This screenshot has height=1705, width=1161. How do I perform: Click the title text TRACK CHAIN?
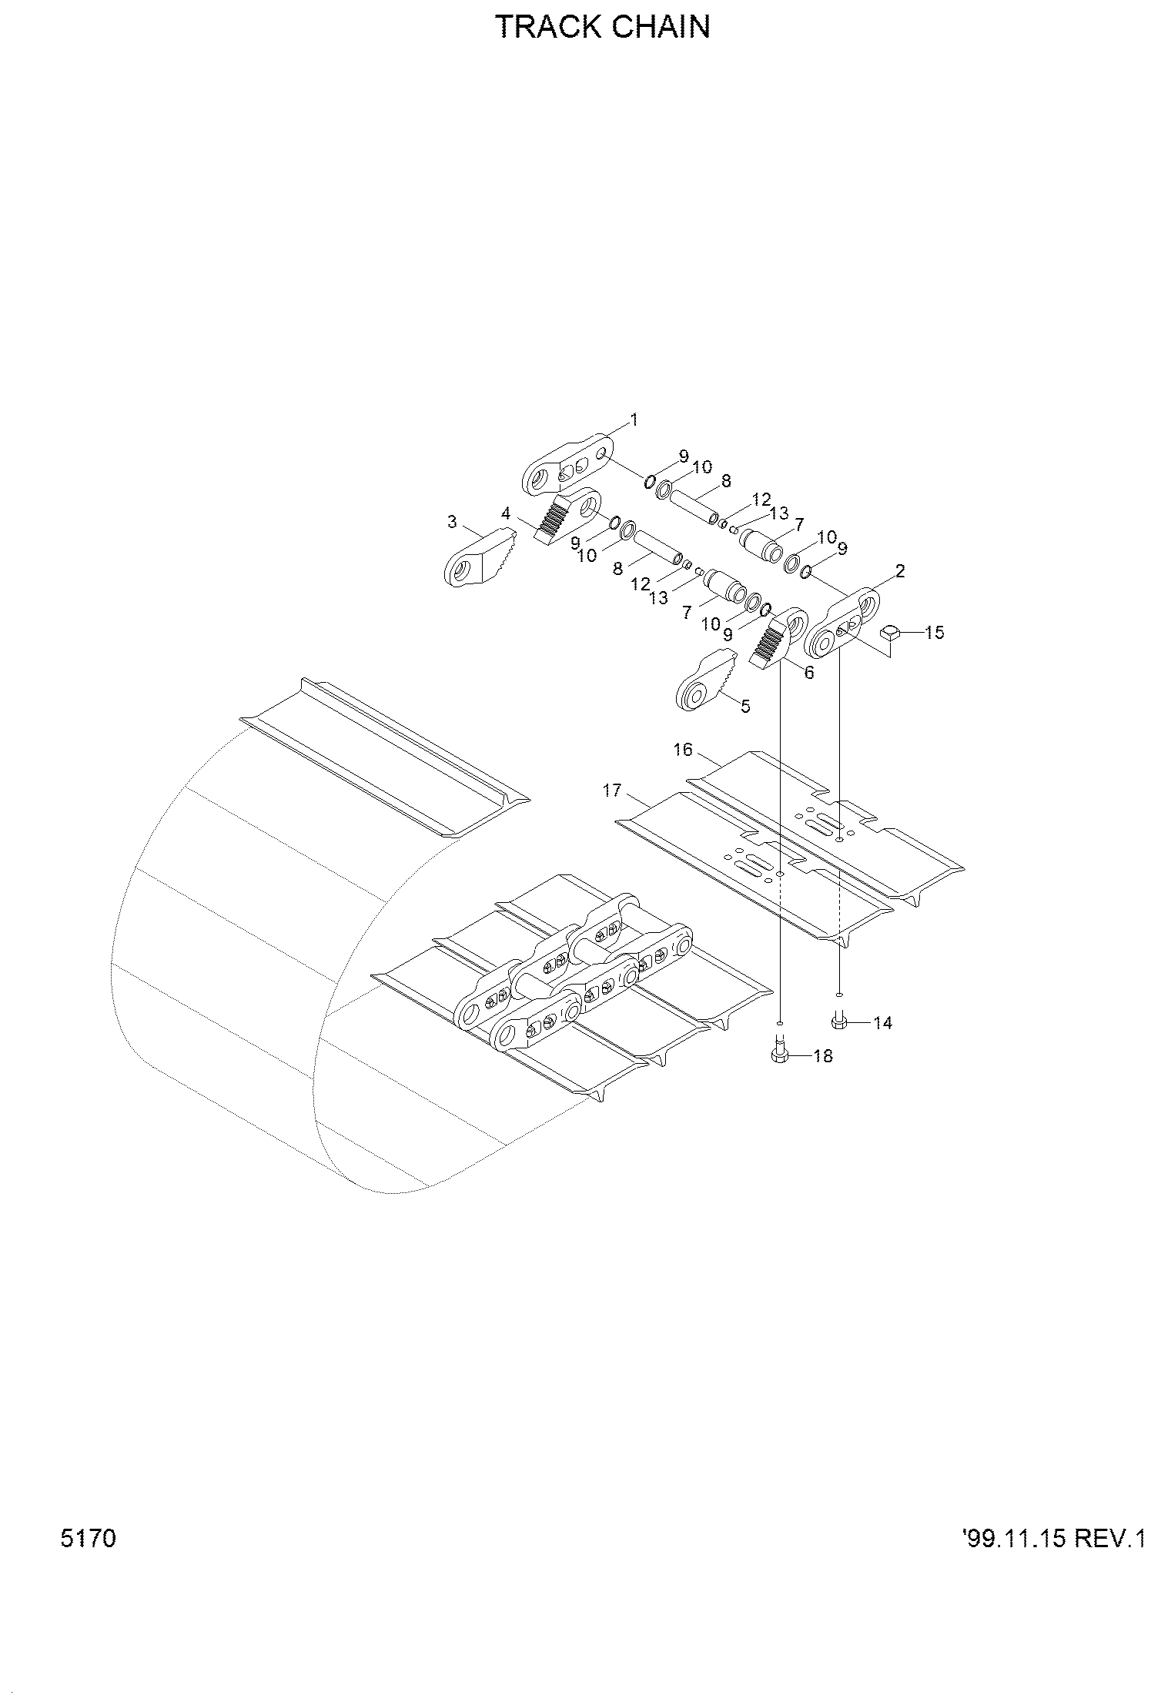click(603, 27)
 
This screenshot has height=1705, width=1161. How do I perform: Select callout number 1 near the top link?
click(634, 420)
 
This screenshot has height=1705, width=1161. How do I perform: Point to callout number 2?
click(900, 571)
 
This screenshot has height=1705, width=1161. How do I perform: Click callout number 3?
click(452, 523)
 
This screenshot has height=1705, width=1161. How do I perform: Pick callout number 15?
click(934, 632)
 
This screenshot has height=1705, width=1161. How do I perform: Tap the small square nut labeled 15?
click(890, 634)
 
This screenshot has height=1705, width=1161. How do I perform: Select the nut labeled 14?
click(839, 1021)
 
